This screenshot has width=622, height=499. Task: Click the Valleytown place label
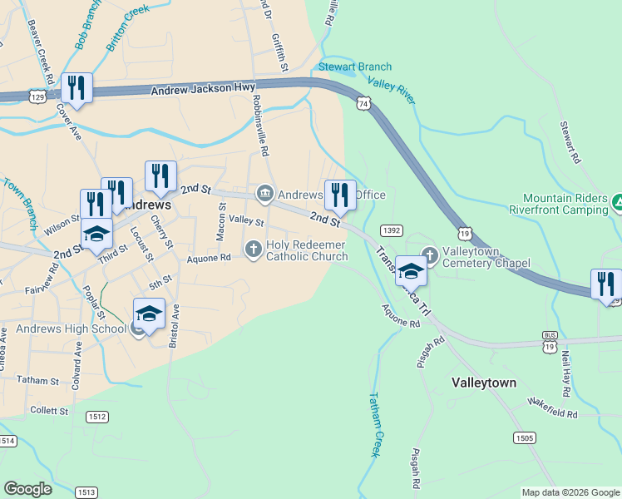tap(484, 383)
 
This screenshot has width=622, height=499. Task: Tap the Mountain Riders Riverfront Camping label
tap(565, 204)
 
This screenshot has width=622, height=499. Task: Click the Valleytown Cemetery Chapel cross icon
tap(429, 254)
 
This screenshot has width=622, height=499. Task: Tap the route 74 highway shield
tap(361, 103)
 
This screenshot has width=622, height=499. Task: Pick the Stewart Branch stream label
tap(355, 67)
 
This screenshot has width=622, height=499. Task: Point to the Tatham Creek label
tap(374, 424)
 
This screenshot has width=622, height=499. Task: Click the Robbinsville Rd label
tap(261, 126)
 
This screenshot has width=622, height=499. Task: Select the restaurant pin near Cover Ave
tap(77, 87)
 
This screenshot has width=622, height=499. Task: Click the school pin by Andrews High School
tap(149, 314)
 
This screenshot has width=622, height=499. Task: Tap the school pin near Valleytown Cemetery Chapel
tap(411, 270)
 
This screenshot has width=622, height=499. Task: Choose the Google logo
tap(28, 489)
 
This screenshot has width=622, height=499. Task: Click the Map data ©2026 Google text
tap(570, 492)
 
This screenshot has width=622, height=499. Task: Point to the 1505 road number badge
tap(524, 437)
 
